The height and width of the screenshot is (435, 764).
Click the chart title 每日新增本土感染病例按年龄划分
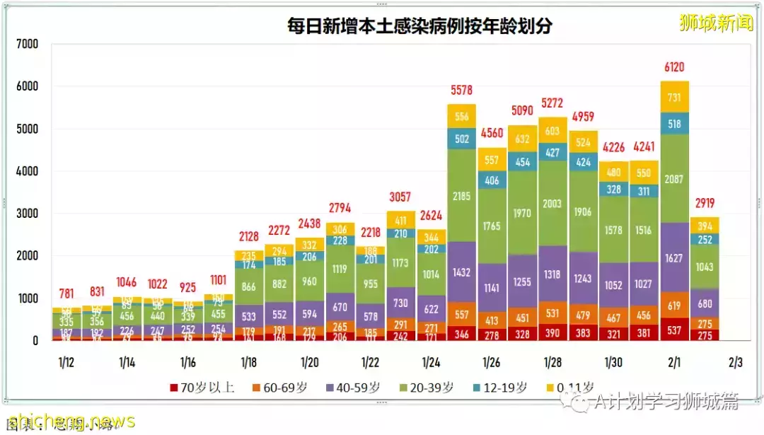(x=419, y=26)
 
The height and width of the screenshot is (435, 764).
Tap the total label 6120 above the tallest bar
(x=673, y=67)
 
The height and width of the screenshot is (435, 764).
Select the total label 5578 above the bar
(x=461, y=90)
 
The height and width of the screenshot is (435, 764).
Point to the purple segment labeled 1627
(x=673, y=258)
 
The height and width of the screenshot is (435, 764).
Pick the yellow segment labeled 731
(x=673, y=97)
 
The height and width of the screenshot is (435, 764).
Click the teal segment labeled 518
(x=673, y=124)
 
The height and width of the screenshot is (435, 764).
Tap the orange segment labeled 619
(x=673, y=306)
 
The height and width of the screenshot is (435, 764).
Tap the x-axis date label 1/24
(x=431, y=363)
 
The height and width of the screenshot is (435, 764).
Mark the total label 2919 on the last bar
(x=704, y=203)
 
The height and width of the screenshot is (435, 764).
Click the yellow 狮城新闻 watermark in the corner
(x=716, y=23)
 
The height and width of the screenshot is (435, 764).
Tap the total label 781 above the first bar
(x=66, y=294)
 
